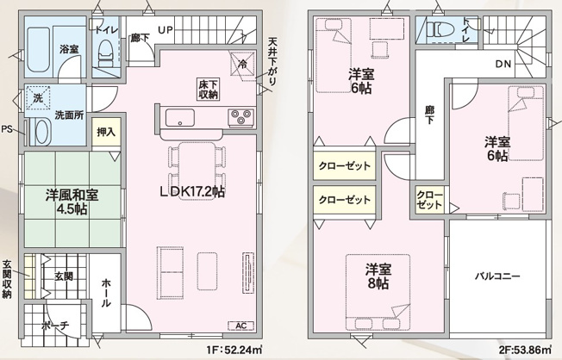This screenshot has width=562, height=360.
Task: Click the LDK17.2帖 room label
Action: pos(190,192)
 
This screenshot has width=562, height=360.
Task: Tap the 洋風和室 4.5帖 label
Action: pos(72,201)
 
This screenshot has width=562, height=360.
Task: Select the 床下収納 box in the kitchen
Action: pos(207,88)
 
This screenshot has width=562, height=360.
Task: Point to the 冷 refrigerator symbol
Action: pos(243,64)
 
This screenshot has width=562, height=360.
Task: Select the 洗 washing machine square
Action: pos(36,96)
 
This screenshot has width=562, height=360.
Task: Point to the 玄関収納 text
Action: pos(7,278)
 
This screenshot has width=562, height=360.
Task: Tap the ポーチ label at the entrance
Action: pos(55,326)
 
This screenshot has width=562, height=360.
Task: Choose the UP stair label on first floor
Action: pos(165,30)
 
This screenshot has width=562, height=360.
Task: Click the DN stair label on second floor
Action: pos(503,64)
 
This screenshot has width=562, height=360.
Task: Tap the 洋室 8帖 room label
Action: pos(377,275)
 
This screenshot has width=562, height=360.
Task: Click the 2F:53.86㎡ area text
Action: pos(524,351)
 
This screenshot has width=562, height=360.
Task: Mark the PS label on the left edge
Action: pos(7,130)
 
